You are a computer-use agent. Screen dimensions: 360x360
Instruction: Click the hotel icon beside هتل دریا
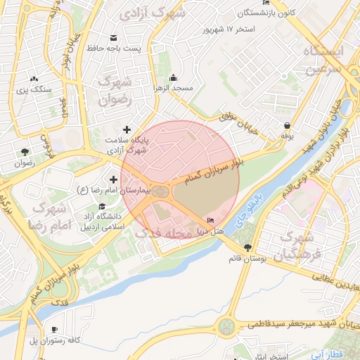[211, 222]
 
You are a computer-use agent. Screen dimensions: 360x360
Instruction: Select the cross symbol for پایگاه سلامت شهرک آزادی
[127, 129]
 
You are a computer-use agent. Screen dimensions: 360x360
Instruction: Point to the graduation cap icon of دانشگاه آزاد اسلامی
[103, 207]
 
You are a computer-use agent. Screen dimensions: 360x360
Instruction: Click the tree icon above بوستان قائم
[247, 247]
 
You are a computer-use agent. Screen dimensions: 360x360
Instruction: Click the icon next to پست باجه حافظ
[112, 38]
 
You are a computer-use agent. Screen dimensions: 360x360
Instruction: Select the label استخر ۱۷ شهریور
[227, 30]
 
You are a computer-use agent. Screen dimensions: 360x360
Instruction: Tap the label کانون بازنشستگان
[243, 13]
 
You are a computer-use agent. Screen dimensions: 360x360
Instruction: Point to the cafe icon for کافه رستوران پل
[55, 330]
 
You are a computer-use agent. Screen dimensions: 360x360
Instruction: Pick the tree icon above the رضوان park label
[25, 152]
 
